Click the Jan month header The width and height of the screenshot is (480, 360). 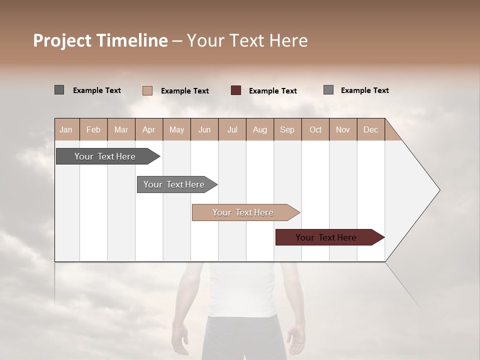(66, 129)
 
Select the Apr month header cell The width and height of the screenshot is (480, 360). (148, 129)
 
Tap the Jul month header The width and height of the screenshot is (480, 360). (232, 129)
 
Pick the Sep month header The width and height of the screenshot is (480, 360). (287, 129)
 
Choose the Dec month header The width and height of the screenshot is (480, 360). (370, 129)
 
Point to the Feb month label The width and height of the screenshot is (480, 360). (93, 129)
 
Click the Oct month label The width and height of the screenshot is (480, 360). (315, 129)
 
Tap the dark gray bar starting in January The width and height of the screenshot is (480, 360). (105, 156)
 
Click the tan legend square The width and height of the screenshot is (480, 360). (147, 90)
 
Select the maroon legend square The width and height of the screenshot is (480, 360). (236, 90)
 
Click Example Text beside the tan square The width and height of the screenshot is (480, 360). (185, 91)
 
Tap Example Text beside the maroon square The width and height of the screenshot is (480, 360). (273, 91)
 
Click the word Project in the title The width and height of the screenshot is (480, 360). (61, 40)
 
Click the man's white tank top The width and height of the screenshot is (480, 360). (242, 290)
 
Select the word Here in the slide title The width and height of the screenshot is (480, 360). (288, 40)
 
